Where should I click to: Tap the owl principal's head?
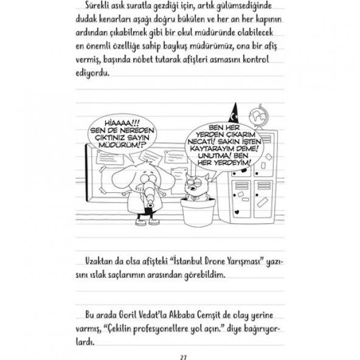[196, 181]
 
